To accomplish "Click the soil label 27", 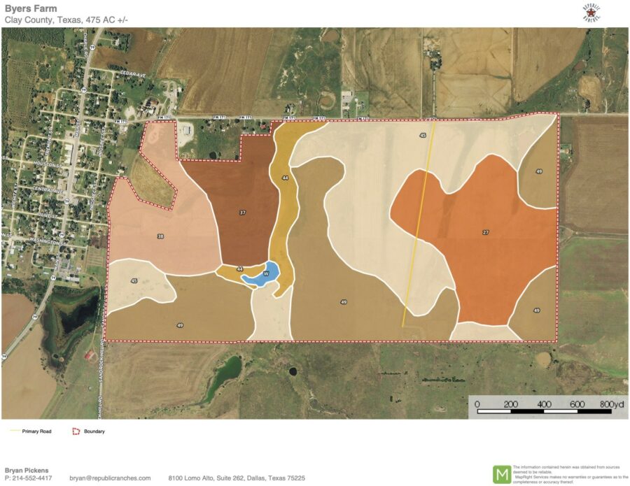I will (485, 231).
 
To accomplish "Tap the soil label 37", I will (242, 213).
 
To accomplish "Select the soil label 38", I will (161, 237).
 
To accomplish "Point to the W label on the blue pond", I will (266, 273).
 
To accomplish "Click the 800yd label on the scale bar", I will (611, 405).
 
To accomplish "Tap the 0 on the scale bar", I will (477, 405).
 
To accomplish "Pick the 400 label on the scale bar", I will (544, 405).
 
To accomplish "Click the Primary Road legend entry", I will (36, 431).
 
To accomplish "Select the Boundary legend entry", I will (94, 431).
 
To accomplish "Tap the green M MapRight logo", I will (502, 474).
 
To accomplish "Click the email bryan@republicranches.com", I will (110, 478).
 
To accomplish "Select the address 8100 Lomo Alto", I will (237, 478).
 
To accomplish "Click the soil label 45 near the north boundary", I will (423, 135).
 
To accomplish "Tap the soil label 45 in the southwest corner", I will (134, 281).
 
